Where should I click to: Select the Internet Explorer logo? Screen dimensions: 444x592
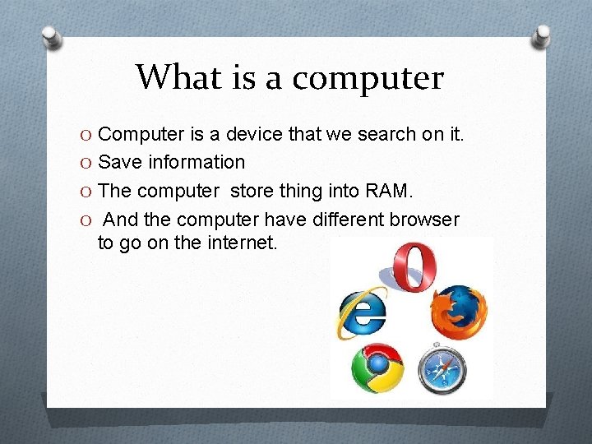click(x=363, y=312)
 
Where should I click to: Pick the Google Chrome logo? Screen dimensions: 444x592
click(x=377, y=369)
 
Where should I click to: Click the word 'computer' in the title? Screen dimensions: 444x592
click(x=368, y=78)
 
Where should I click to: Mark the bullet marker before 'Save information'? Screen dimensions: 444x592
click(x=88, y=163)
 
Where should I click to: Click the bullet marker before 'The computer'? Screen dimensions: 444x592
click(x=88, y=192)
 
